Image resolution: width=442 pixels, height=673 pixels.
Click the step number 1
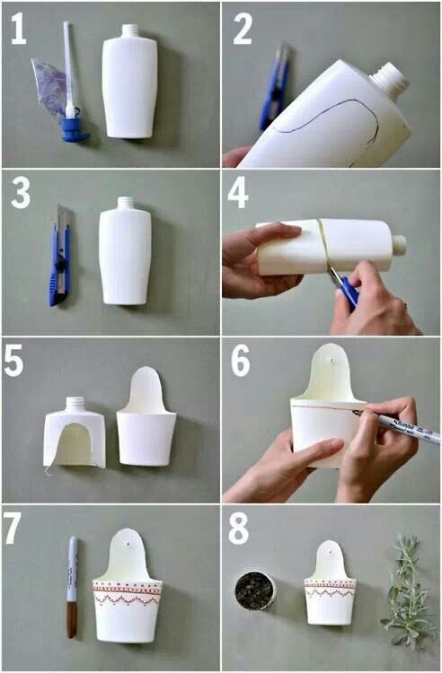point(18,30)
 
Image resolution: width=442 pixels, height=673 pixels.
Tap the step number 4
point(237,193)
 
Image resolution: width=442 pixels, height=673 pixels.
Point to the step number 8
point(238,529)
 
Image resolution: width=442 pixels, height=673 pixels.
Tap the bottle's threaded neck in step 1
point(130,31)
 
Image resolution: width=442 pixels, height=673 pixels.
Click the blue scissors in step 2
point(272,88)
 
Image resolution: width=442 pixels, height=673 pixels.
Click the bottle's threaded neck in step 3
point(126,204)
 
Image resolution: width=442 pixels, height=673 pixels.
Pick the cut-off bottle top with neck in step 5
point(75,433)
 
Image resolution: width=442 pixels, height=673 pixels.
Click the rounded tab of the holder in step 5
point(147,389)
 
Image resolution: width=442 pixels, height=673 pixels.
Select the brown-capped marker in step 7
point(73,587)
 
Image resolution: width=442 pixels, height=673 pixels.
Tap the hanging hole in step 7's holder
point(128,544)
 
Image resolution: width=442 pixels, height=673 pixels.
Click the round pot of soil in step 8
point(255,590)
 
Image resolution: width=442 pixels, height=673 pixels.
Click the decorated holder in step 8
point(330,584)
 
